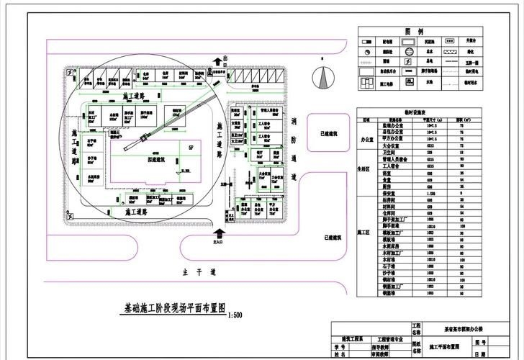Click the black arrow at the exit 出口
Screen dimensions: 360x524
pos(225,66)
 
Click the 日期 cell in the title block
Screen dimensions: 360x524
pos(480,354)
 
